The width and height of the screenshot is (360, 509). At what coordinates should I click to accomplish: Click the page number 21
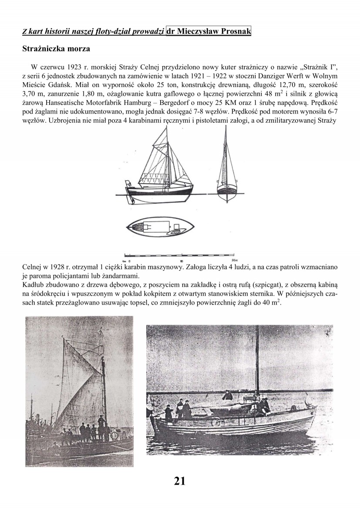click(180, 481)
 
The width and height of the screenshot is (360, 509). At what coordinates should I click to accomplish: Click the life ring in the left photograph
click(116, 434)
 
